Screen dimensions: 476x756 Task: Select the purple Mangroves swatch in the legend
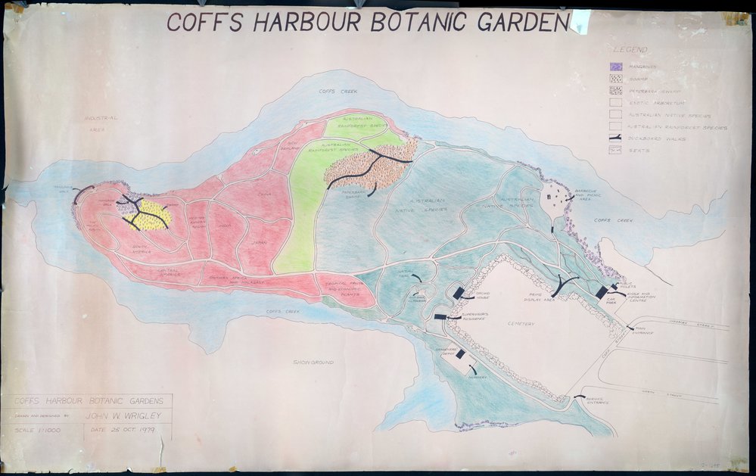[616, 67]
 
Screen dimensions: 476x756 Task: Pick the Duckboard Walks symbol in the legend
[615, 138]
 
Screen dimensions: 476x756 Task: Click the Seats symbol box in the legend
[615, 150]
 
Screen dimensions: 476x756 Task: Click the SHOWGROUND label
[313, 362]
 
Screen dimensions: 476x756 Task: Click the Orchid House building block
[457, 294]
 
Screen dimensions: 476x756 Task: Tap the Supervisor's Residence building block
[440, 316]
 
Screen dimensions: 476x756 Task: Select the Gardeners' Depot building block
[459, 355]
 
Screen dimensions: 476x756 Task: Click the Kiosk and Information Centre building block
[602, 291]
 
